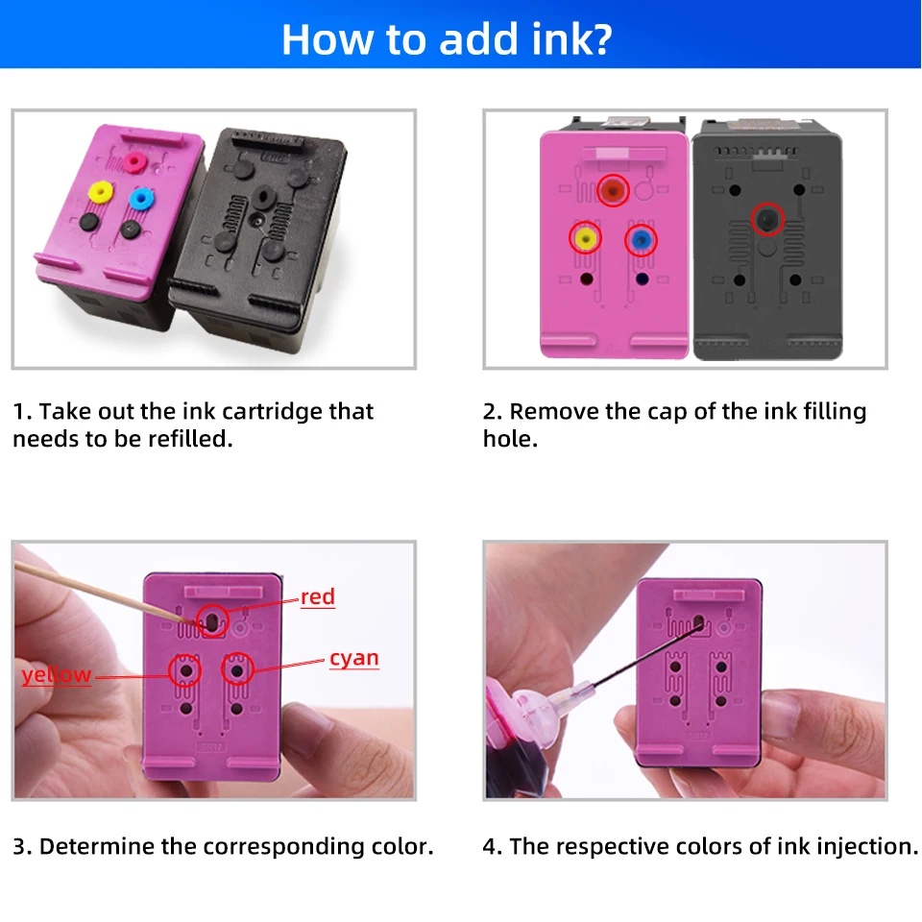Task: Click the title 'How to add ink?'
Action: coord(447,39)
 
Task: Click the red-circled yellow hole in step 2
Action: coord(585,236)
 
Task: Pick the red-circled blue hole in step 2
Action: coord(641,239)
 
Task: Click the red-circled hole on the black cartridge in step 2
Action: coord(765,221)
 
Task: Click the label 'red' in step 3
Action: coord(318,597)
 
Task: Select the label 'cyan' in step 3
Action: coord(353,659)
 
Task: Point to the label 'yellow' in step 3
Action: coord(57,675)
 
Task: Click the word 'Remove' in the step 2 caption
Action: coord(553,412)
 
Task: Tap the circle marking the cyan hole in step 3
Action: coord(237,668)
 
